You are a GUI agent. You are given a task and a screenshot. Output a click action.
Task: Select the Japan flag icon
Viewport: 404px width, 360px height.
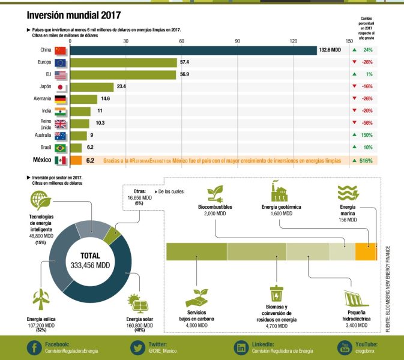pyautogui.click(x=61, y=87)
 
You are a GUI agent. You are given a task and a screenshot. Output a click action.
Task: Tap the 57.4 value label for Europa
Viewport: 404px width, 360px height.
pyautogui.click(x=185, y=62)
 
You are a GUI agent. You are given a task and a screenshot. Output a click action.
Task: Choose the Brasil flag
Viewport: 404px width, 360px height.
pyautogui.click(x=61, y=148)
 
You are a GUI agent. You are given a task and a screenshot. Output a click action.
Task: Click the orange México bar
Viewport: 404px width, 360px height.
pyautogui.click(x=76, y=161)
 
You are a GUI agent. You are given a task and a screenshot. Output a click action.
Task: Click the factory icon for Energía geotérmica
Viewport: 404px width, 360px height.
pyautogui.click(x=280, y=191)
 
